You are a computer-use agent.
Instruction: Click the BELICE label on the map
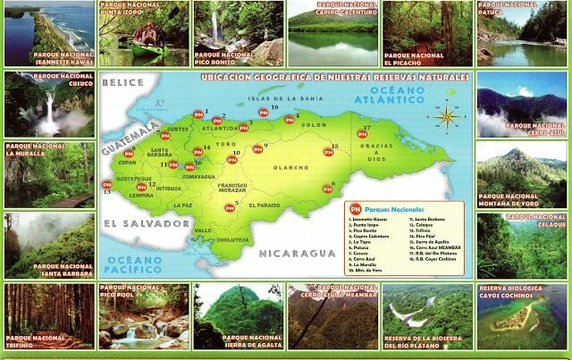(123, 83)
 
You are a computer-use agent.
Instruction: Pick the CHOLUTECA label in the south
(233, 239)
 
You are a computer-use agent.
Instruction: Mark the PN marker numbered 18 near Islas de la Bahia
(263, 113)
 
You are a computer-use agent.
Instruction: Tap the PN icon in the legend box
(352, 208)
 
